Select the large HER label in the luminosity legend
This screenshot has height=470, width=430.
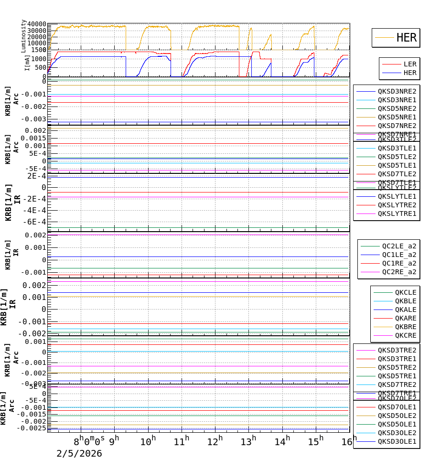tap(406, 38)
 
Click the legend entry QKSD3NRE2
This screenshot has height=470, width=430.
tap(397, 91)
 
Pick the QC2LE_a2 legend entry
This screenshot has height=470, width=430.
tap(399, 246)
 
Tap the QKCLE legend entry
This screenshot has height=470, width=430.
tap(405, 292)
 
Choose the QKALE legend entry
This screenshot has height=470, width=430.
tap(405, 310)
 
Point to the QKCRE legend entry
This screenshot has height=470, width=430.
tap(405, 335)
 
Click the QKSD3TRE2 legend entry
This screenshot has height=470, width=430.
tap(397, 350)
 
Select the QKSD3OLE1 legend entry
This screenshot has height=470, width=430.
tap(397, 441)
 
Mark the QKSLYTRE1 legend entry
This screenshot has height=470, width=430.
tap(397, 214)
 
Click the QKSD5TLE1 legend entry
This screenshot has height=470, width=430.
tap(397, 165)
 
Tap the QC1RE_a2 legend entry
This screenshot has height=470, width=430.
tap(399, 263)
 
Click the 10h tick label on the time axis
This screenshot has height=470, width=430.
tap(148, 441)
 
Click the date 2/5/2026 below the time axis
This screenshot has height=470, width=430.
tap(79, 454)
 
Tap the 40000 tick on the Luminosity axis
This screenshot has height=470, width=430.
tap(37, 24)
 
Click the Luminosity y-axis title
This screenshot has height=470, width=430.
tap(23, 35)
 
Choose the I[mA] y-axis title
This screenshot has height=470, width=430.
tap(27, 62)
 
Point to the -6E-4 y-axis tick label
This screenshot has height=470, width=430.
tap(36, 222)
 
